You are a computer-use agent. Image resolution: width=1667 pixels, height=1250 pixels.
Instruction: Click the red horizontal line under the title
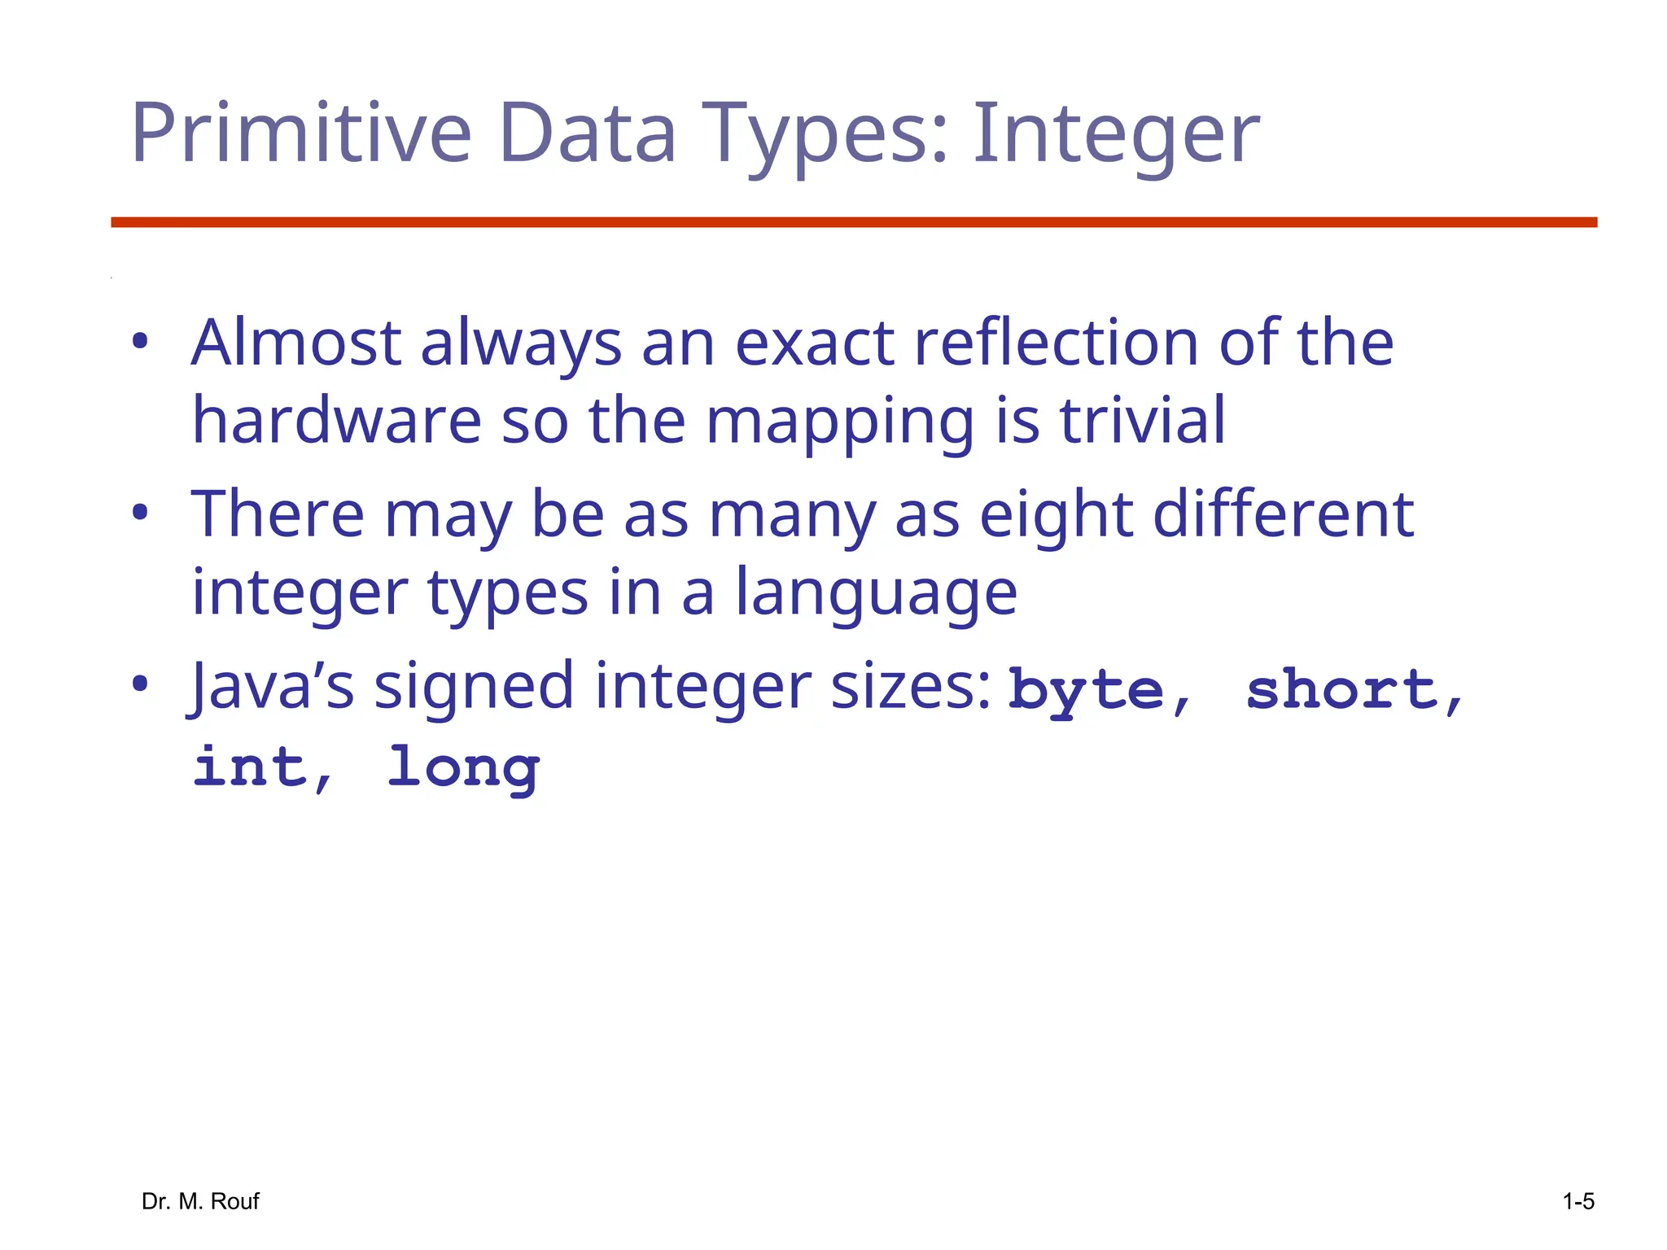coord(854,222)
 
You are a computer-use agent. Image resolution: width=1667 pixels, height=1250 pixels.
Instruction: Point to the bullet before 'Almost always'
coord(140,342)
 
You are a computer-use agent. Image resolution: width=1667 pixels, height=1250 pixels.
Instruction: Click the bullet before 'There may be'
coord(140,514)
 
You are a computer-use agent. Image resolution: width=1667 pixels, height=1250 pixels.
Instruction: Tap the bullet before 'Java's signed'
coord(140,684)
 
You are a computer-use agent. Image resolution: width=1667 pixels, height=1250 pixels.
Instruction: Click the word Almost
coord(296,343)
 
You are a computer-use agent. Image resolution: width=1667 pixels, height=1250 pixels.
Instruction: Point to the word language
coord(876,592)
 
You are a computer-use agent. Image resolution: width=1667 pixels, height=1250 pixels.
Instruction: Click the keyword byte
coord(1086,691)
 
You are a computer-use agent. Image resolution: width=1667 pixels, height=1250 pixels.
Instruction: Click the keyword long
coord(462,768)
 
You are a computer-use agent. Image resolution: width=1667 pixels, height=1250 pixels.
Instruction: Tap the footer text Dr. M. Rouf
coord(200,1201)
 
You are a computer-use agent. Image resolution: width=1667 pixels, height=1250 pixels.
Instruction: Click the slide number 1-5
coord(1577,1201)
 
